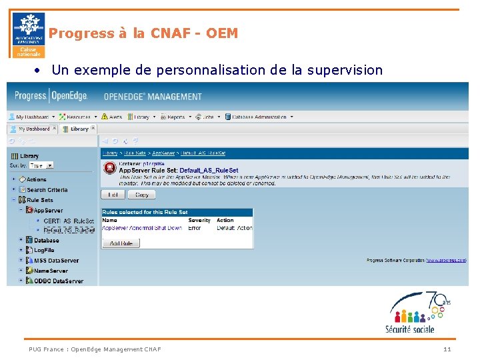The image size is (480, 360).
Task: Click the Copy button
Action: [141, 195]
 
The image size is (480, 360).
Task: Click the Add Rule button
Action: [121, 243]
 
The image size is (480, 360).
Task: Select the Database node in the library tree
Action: [46, 240]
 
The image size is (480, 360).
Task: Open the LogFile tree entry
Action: [44, 250]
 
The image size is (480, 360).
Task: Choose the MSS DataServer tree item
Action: [55, 261]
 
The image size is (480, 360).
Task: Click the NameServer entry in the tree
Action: [51, 271]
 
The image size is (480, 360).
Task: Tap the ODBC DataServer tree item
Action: [58, 281]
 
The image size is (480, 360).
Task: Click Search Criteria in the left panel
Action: [47, 190]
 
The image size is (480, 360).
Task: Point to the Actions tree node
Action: [36, 179]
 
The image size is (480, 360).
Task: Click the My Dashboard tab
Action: [33, 129]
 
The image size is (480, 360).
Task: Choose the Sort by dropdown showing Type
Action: [41, 165]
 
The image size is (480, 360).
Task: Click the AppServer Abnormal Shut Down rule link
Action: [141, 228]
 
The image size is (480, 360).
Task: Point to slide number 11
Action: [447, 349]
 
